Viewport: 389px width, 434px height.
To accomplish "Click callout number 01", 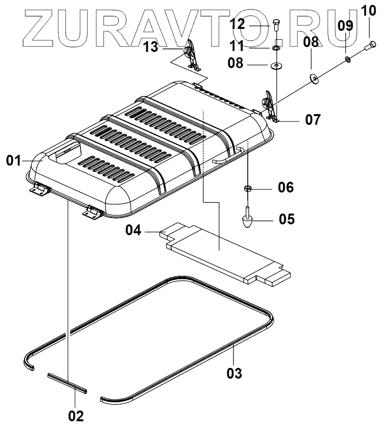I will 14,160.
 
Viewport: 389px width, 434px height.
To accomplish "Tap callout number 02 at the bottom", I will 76,416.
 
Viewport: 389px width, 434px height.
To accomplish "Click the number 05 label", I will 286,218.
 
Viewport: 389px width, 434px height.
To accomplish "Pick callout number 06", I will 286,187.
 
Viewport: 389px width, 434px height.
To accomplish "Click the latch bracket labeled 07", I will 270,106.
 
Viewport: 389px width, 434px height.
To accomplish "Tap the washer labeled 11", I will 276,48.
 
